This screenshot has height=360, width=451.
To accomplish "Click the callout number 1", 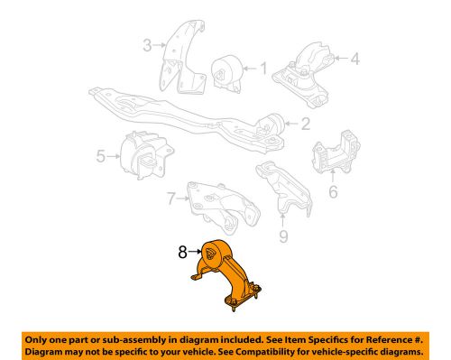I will [x=263, y=68].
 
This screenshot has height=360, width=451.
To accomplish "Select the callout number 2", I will [x=306, y=125].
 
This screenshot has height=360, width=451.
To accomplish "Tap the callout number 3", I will [x=146, y=42].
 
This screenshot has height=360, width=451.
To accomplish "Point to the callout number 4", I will [x=354, y=60].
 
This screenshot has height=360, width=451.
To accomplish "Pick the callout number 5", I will [x=101, y=156].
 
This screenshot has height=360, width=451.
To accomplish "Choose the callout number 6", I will [x=332, y=192].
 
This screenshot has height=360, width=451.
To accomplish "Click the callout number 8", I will [x=182, y=254].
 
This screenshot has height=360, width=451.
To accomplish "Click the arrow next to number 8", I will [x=195, y=254].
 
